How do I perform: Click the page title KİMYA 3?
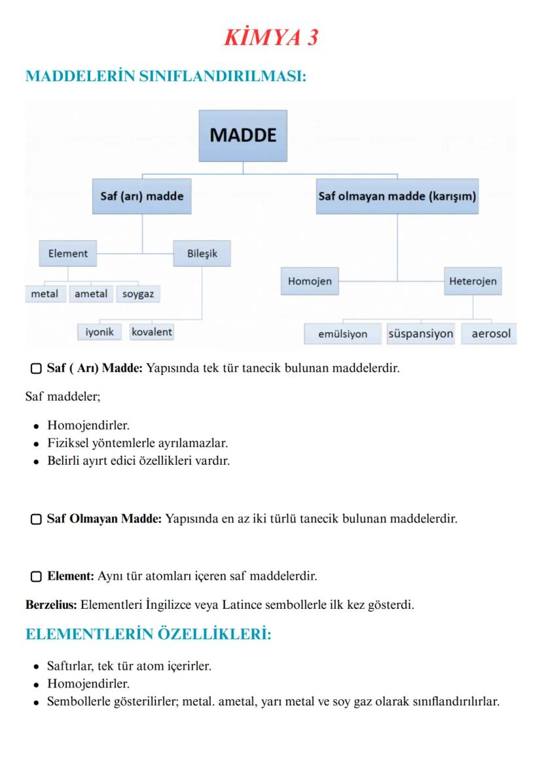271,38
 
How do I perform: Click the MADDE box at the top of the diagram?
243,136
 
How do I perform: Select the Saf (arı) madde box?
142,196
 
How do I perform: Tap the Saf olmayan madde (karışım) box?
397,196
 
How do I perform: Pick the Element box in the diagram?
68,254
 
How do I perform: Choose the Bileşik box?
202,254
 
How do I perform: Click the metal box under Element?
45,294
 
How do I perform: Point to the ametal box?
91,294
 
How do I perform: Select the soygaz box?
138,295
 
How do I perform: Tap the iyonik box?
99,332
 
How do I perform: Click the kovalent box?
152,332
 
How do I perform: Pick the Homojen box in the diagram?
310,282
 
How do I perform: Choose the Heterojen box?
473,282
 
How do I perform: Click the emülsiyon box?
342,334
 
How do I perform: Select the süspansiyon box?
420,334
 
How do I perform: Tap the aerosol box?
490,334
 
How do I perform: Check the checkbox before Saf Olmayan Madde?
37,519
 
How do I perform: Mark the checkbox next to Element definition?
37,577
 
